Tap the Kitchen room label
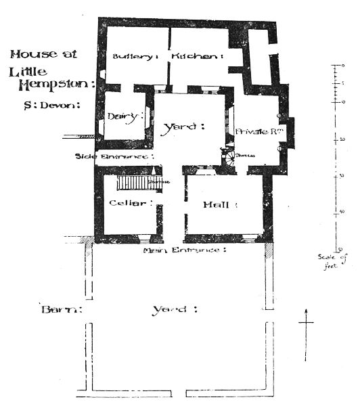click(196, 56)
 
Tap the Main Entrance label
click(183, 250)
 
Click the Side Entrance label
click(114, 156)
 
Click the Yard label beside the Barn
click(173, 310)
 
